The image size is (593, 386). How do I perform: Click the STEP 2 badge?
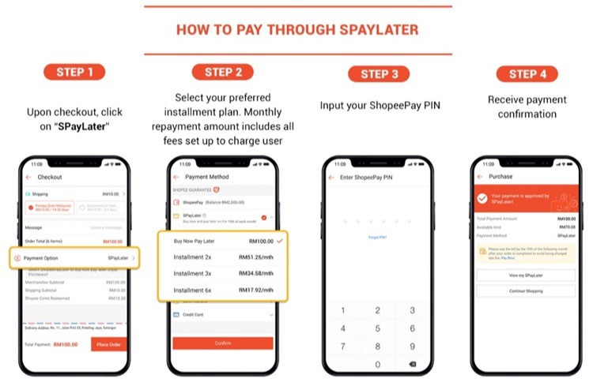click(x=223, y=72)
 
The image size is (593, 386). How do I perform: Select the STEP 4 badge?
click(x=526, y=73)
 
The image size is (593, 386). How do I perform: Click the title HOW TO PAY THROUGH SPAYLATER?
click(x=296, y=30)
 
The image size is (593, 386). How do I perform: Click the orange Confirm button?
click(x=223, y=343)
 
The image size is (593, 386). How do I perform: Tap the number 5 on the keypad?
click(x=378, y=328)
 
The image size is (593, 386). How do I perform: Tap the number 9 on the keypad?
click(x=412, y=346)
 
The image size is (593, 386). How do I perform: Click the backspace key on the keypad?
click(x=412, y=364)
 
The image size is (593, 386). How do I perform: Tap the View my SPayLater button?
click(x=526, y=275)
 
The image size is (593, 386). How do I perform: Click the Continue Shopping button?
click(x=526, y=290)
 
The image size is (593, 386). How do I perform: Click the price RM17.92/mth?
click(x=256, y=290)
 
